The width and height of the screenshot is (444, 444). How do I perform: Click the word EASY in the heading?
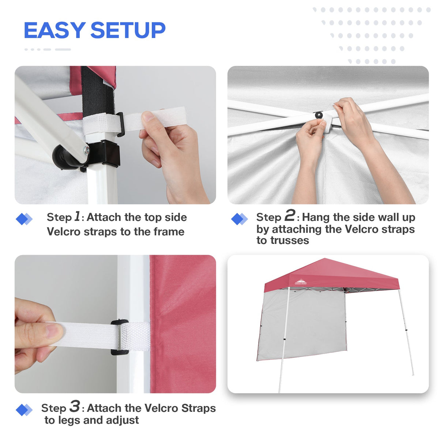point(54,30)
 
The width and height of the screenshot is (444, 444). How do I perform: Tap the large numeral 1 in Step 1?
point(77,216)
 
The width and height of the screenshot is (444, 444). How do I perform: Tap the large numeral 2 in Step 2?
point(290,215)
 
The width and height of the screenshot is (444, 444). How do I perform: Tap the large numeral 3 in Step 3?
point(75,406)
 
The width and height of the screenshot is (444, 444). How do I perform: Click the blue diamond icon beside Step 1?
point(24,219)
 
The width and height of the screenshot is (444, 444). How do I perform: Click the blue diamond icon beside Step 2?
point(240,219)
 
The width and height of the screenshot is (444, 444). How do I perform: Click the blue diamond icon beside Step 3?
point(24,410)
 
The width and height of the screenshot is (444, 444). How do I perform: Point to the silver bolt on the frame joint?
point(86,150)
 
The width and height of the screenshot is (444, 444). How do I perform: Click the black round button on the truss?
point(319,115)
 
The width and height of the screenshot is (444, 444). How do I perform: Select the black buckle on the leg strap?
point(119,337)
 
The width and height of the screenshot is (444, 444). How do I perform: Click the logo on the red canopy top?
point(301,282)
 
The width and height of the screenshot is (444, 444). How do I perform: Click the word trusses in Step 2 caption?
point(283,241)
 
